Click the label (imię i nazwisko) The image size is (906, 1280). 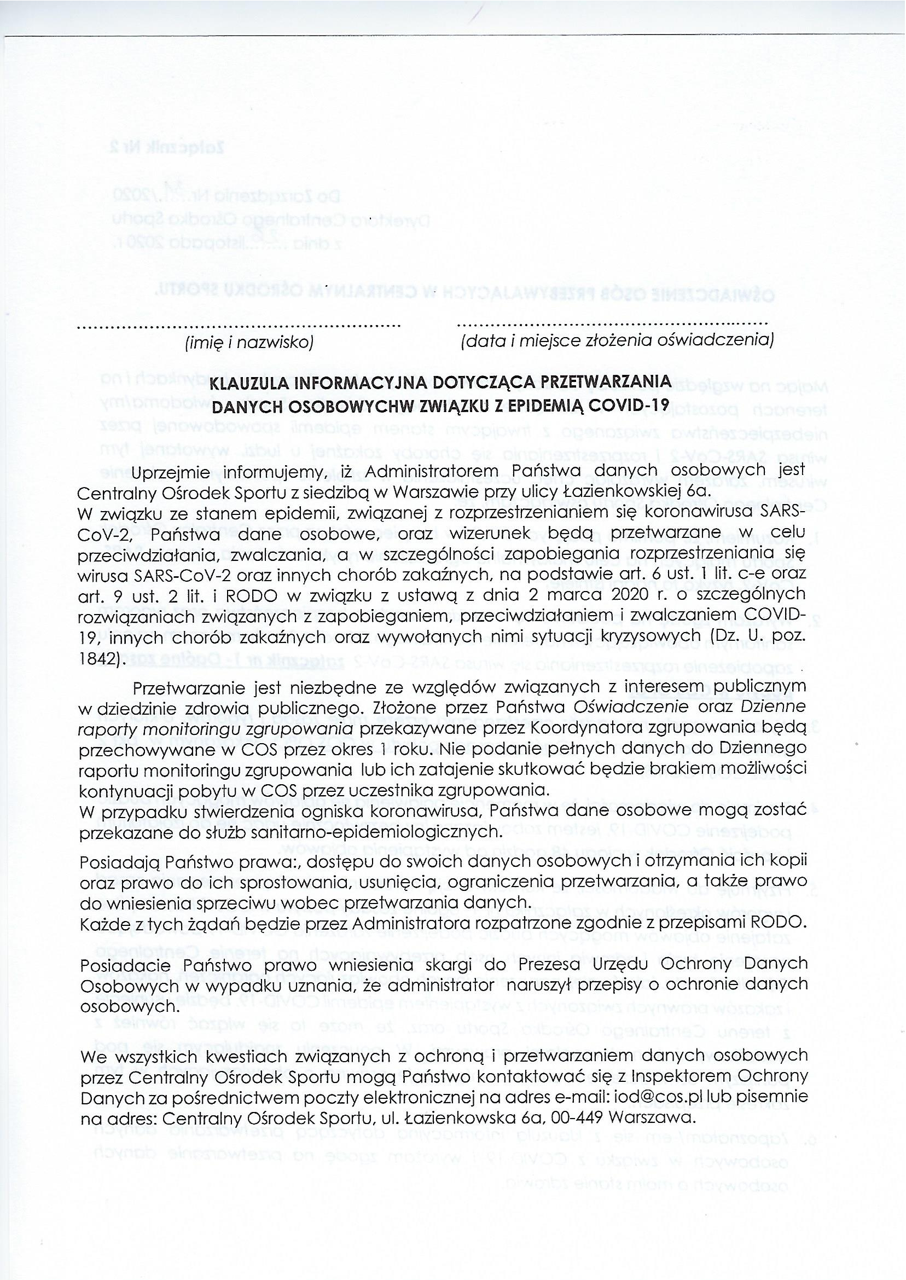tap(249, 342)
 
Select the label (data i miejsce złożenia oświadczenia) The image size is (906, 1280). tap(617, 340)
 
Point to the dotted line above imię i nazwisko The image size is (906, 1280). tap(239, 325)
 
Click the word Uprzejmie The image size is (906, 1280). tap(171, 472)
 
